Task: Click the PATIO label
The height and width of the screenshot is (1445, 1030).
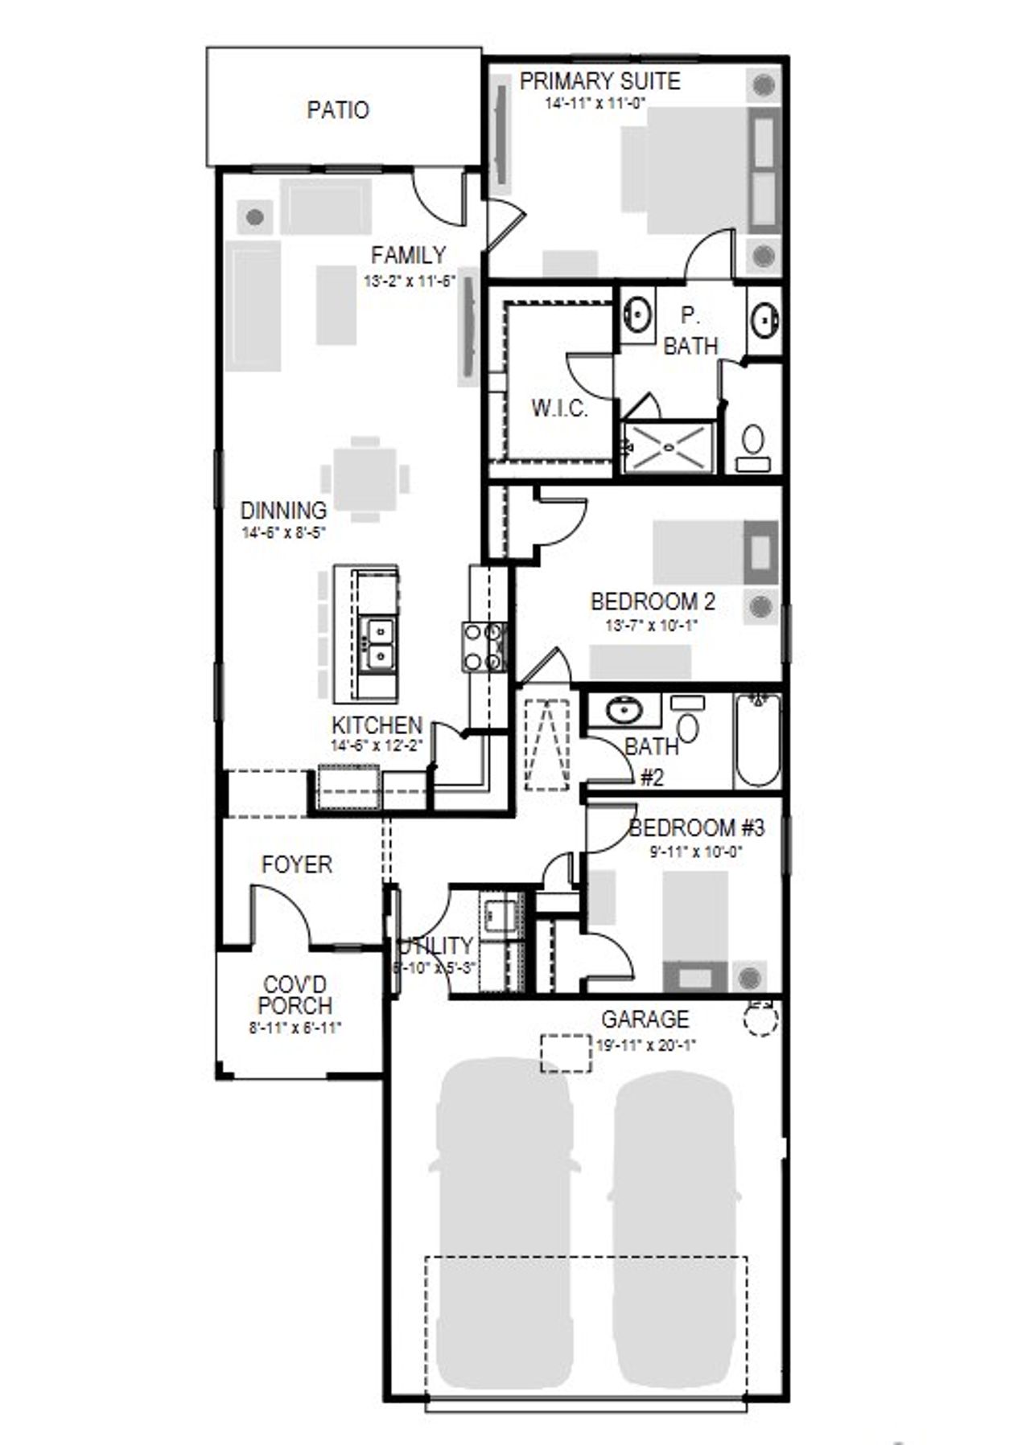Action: (x=338, y=110)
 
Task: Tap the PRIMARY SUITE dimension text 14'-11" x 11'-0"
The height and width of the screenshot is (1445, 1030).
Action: (x=595, y=103)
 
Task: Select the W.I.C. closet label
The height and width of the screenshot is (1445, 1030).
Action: (x=559, y=408)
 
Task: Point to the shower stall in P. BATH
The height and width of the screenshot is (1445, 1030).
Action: (x=669, y=446)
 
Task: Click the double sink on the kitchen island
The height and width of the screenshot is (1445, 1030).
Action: (x=376, y=643)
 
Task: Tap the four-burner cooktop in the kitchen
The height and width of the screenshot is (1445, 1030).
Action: (x=483, y=647)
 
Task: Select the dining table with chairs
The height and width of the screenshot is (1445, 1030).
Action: (x=365, y=479)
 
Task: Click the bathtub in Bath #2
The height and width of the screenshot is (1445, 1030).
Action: (x=758, y=740)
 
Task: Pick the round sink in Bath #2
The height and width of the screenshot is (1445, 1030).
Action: (x=620, y=710)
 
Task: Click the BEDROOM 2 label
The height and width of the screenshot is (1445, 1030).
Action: (x=653, y=601)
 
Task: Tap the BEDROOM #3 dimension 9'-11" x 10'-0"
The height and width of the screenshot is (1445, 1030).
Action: (x=696, y=852)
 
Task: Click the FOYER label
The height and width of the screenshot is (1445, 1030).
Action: (x=296, y=864)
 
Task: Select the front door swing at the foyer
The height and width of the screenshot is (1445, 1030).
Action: (x=280, y=915)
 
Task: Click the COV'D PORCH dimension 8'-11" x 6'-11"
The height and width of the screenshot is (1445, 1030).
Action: (x=295, y=1027)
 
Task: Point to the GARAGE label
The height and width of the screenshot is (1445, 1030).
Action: (x=645, y=1019)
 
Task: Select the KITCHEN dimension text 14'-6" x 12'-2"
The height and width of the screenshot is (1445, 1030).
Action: (x=377, y=745)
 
